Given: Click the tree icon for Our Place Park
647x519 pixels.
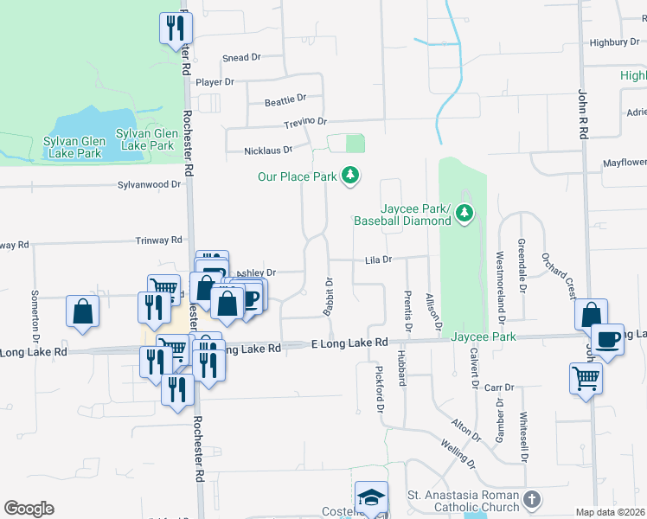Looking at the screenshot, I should [x=350, y=176].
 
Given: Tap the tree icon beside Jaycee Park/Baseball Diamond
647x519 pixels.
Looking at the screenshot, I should [x=464, y=213].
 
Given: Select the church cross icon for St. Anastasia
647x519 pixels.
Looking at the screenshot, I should [x=531, y=500].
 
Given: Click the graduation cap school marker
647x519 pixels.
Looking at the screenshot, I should [x=370, y=497].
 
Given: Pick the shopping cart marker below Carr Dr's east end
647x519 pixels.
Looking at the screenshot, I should [x=586, y=378].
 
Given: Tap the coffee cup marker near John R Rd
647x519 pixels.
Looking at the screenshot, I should [x=607, y=339].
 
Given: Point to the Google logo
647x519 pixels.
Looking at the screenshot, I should [x=29, y=509].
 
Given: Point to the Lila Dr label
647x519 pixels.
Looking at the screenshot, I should [x=379, y=259].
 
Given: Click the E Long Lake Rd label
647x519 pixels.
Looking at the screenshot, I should [x=349, y=344].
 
